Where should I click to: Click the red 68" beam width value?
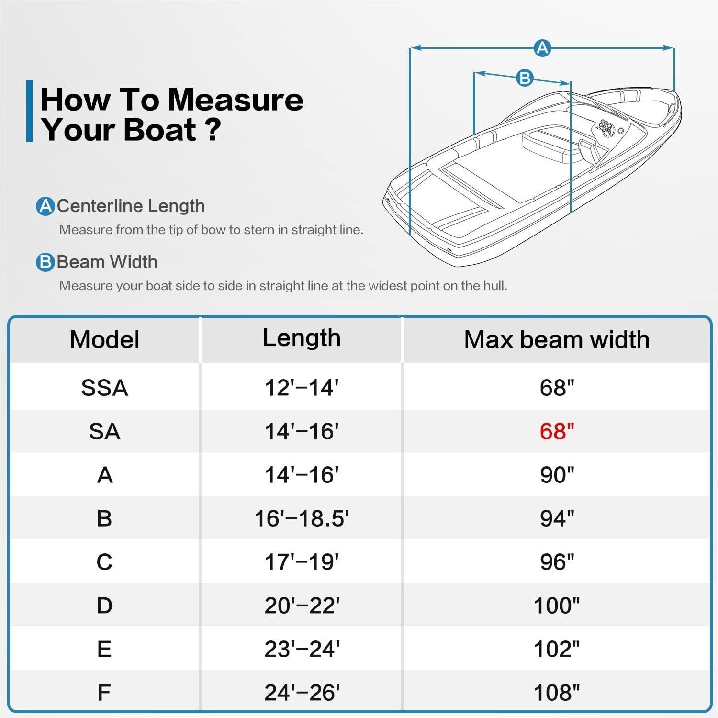tap(557, 431)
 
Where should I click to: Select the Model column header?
tap(104, 339)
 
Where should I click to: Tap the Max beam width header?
tap(557, 339)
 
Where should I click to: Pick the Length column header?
tap(302, 338)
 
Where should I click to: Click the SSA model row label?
tap(104, 388)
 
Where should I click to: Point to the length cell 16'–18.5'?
tap(302, 518)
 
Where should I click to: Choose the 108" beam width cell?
tap(557, 693)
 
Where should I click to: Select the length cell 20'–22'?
tap(302, 606)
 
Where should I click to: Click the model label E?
tap(104, 649)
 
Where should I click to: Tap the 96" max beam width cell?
tap(557, 562)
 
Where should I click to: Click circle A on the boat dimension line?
tap(542, 48)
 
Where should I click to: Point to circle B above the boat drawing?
tap(525, 78)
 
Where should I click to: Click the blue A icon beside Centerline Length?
tap(45, 206)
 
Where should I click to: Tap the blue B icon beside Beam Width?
tap(45, 262)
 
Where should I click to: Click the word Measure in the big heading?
tap(235, 100)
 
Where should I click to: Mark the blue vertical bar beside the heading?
tap(30, 111)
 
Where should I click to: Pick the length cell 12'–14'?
tap(302, 388)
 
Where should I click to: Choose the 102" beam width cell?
tap(557, 649)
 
